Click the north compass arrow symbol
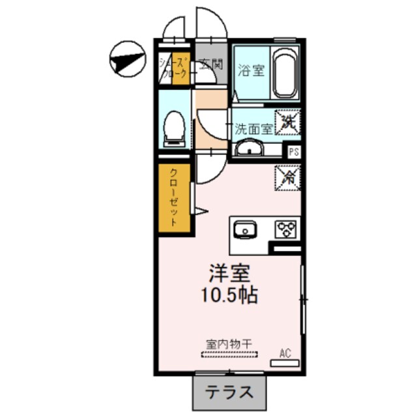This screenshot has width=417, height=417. (126, 59)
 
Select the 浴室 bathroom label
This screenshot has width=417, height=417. (251, 69)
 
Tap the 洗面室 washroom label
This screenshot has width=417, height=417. (253, 128)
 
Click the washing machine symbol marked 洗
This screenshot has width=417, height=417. (287, 121)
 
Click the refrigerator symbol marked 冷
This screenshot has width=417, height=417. (287, 176)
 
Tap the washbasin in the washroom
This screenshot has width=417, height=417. (248, 151)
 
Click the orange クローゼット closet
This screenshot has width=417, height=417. (175, 198)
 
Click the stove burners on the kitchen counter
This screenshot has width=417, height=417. (285, 229)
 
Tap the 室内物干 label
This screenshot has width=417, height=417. (229, 342)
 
